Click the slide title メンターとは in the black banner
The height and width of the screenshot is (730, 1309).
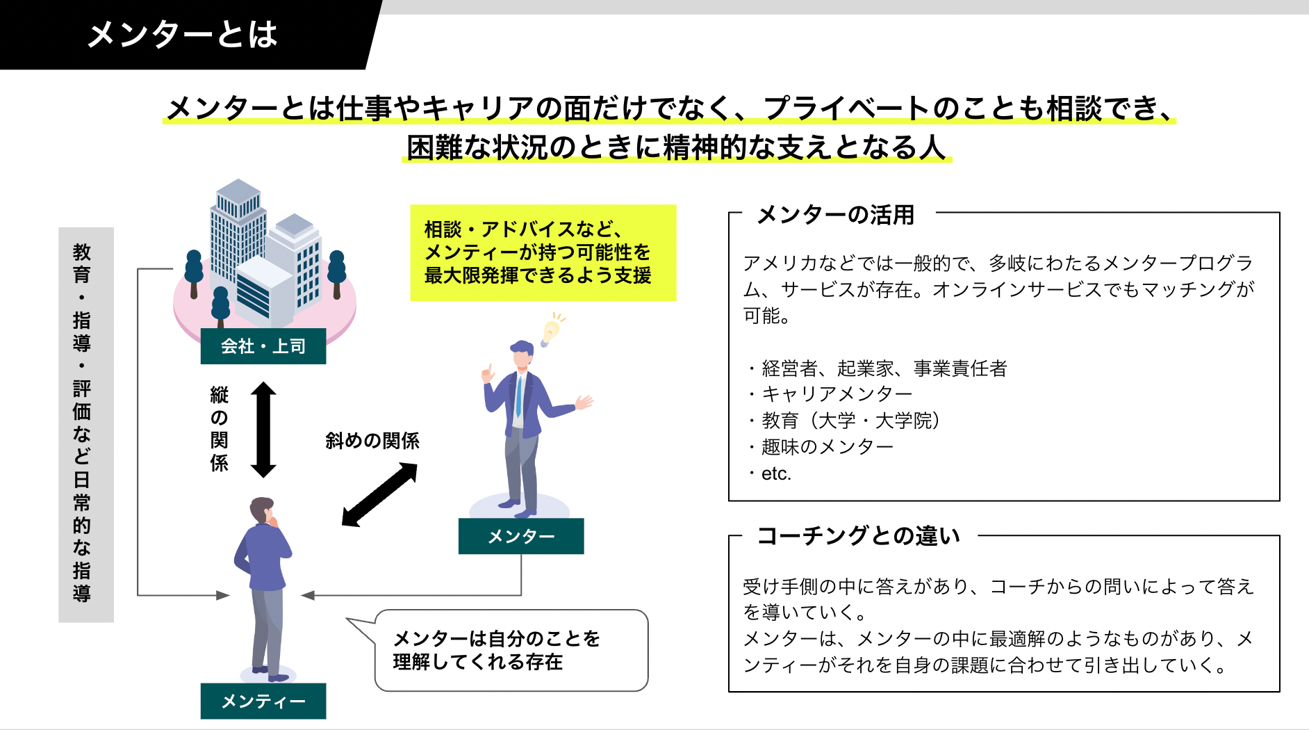tap(182, 35)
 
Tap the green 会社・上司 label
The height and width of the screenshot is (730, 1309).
tap(263, 346)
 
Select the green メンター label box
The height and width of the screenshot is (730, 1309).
tap(520, 536)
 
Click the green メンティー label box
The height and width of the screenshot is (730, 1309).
tap(263, 701)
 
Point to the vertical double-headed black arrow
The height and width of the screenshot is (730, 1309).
tap(263, 430)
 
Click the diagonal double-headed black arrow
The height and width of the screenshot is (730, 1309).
tap(379, 494)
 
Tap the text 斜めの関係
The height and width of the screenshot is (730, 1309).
tap(372, 441)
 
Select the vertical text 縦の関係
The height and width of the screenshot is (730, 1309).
tap(220, 430)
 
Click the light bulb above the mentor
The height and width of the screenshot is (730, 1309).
tap(551, 330)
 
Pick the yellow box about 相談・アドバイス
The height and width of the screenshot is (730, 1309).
tap(543, 252)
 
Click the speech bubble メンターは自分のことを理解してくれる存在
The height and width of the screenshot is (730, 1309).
tap(511, 650)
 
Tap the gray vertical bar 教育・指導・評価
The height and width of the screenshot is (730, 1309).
tap(85, 424)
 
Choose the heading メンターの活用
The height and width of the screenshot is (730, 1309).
tap(835, 215)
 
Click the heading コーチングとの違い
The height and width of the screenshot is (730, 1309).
tap(859, 536)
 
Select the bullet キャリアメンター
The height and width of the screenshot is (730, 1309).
tap(837, 394)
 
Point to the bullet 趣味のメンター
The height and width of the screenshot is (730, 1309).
tap(827, 447)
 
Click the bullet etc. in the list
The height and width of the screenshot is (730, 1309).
tap(775, 473)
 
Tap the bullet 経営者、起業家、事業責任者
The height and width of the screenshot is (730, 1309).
tap(884, 368)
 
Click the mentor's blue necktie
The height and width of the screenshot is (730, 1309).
tap(518, 396)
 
